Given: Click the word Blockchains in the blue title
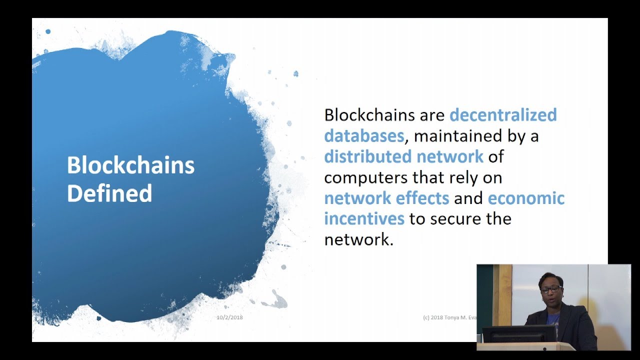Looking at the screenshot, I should (130, 165).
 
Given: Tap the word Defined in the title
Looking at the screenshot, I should (109, 193).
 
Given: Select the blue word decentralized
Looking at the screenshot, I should (503, 115).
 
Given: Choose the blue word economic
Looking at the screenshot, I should (526, 198).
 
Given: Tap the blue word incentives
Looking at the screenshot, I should (364, 219).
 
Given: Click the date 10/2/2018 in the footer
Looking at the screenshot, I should (229, 317).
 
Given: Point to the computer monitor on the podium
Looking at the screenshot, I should (518, 333).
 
